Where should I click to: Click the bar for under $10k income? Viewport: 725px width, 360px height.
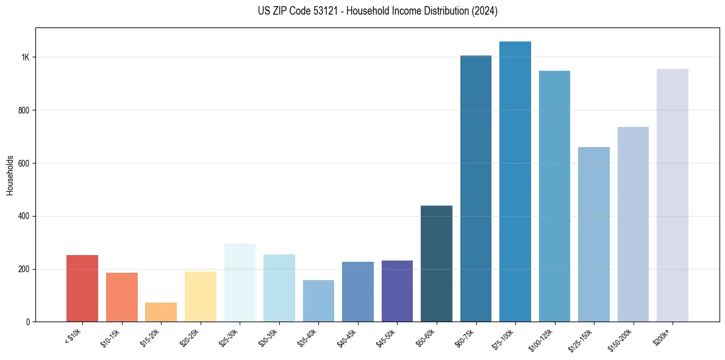[x=82, y=288]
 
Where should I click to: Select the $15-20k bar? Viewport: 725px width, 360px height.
[x=161, y=312]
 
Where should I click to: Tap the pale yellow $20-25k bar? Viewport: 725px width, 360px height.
[x=201, y=297]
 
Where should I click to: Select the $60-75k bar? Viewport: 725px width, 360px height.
[x=476, y=189]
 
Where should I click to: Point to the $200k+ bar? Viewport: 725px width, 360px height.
[x=673, y=195]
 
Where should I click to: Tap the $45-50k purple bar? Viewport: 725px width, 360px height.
[x=397, y=291]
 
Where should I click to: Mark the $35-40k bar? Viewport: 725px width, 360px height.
[x=318, y=301]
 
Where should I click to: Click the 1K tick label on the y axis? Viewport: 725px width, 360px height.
[x=25, y=57]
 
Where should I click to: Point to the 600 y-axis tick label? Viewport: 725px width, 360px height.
[x=24, y=164]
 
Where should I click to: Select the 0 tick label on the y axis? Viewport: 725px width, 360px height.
[x=28, y=322]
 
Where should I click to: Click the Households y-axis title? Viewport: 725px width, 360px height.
[x=10, y=175]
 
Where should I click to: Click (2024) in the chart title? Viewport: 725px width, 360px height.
[x=485, y=11]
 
